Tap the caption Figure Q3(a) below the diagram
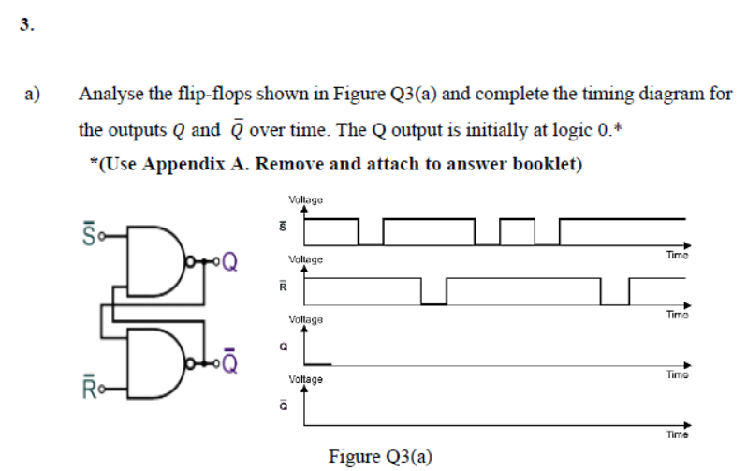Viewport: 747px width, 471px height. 380,456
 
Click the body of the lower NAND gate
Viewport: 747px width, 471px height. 151,361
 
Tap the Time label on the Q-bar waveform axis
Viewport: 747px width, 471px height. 677,434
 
